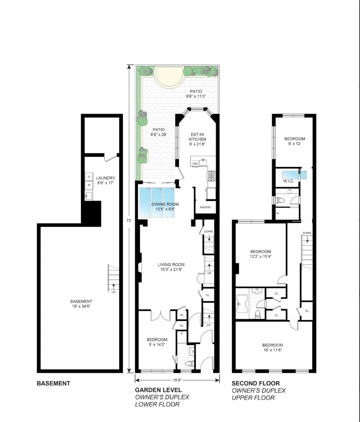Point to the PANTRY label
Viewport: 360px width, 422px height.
tap(205, 207)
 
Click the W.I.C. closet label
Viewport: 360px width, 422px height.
tap(288, 181)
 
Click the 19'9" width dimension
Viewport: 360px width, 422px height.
tap(177, 380)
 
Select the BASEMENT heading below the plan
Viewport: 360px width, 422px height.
tap(53, 383)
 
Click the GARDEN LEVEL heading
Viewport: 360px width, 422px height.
tap(158, 390)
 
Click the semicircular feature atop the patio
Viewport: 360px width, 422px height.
tap(167, 76)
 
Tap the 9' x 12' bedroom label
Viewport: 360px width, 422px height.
tap(295, 141)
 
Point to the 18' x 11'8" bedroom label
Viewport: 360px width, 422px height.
tap(272, 347)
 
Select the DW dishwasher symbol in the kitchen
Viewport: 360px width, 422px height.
tap(195, 163)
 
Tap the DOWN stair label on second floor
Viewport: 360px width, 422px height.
tap(307, 233)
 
